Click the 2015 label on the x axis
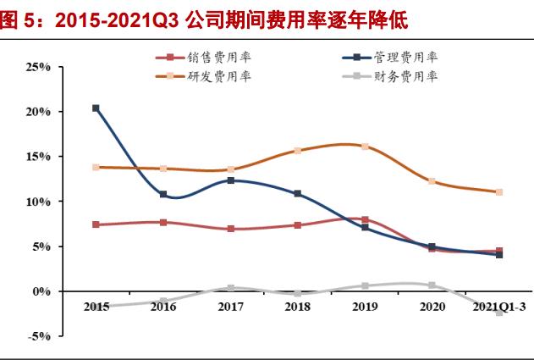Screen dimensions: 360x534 point(96,307)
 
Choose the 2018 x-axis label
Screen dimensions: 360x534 point(297,307)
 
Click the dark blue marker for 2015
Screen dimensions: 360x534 point(96,108)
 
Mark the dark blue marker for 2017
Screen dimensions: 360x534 point(230,180)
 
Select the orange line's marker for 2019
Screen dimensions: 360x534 point(365,147)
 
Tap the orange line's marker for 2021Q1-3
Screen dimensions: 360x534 point(499,192)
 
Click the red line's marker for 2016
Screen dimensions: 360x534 point(163,223)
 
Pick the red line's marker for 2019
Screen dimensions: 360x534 point(365,220)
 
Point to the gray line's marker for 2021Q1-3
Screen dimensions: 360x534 point(499,313)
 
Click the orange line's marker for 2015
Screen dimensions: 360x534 point(96,167)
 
